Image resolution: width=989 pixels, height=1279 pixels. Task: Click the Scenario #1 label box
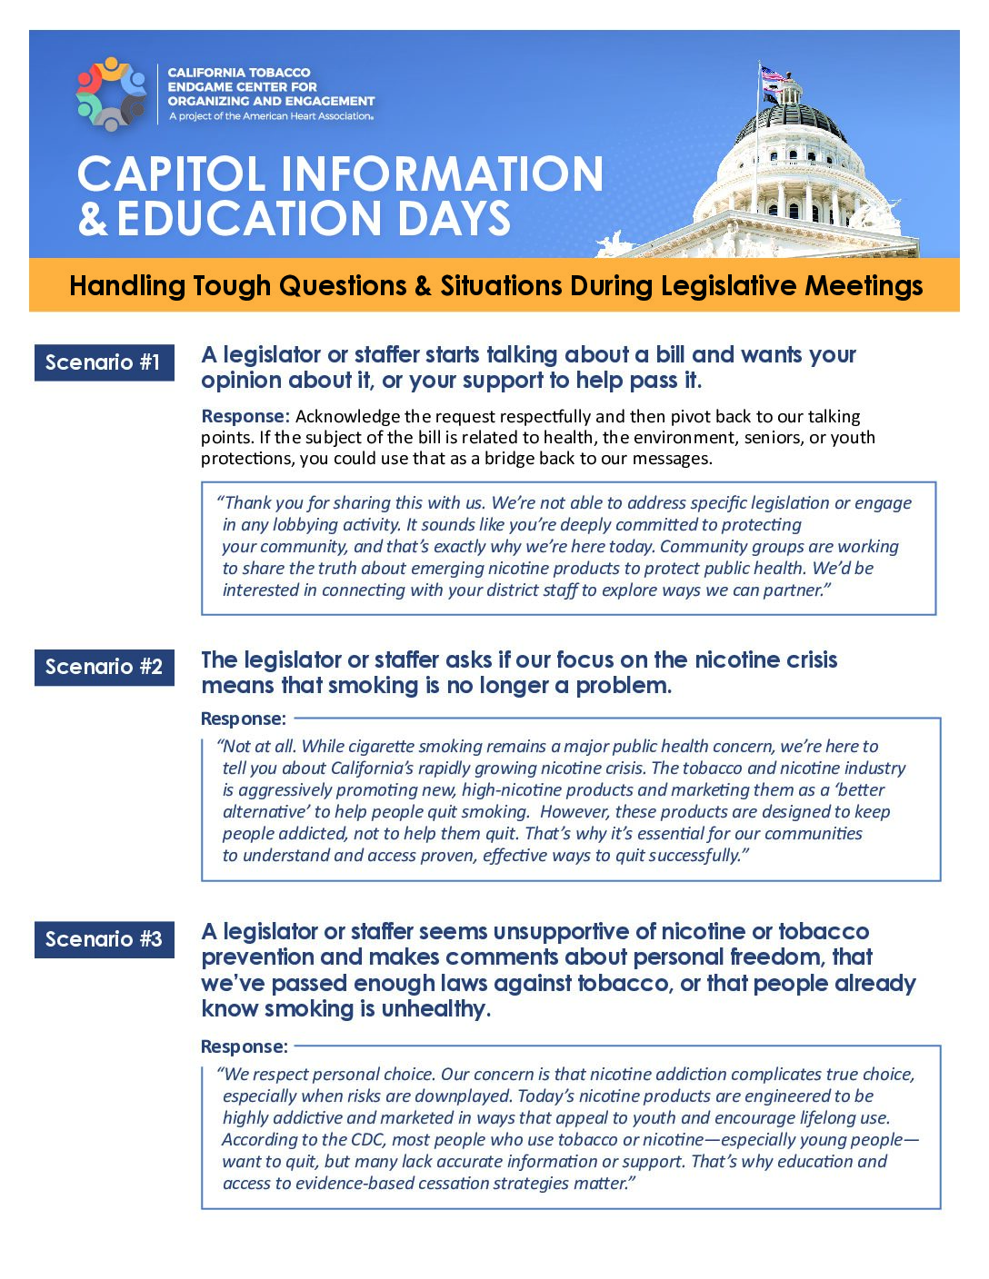coord(104,362)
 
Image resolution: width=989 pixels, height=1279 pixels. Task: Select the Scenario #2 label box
coord(104,667)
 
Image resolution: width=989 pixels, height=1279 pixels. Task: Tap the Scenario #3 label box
coord(104,939)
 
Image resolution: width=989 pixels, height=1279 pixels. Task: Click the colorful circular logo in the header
coord(111,94)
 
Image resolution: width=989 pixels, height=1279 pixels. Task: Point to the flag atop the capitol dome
coord(772,76)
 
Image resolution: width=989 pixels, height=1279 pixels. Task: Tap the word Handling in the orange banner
coord(127,286)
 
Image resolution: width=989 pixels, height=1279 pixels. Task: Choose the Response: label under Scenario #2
coord(243,719)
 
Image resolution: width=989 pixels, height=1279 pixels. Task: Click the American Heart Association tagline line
coord(271,116)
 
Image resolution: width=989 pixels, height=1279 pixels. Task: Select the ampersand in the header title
coord(92,219)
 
